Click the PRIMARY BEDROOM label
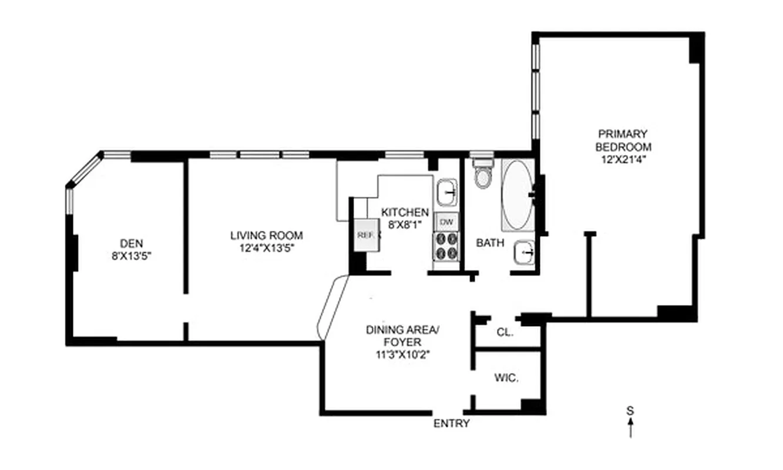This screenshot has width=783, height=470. coord(623,140)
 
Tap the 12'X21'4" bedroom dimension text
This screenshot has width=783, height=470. coord(623,159)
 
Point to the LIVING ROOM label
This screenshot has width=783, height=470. coord(266,236)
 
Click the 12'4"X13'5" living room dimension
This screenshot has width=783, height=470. coord(266,248)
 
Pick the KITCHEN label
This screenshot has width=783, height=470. coord(405,212)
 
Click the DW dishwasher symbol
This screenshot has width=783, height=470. coord(446,221)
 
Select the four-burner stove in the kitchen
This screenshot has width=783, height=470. coord(446,246)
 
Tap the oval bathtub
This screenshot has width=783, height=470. coord(517,194)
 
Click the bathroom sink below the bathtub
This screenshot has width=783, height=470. coord(523,253)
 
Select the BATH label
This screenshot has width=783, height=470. coord(489,243)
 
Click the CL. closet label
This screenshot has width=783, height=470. coord(505,332)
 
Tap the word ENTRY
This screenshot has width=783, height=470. coord(451,424)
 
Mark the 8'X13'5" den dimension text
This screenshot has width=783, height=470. coord(132,256)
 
